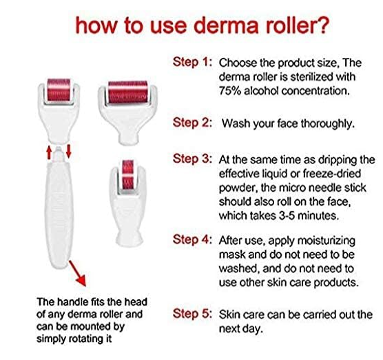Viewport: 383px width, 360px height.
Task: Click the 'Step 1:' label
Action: (x=192, y=62)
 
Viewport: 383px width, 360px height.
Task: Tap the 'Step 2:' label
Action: (x=192, y=123)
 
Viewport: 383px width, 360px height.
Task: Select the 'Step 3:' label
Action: (x=192, y=159)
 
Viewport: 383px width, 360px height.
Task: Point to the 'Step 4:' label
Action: (x=192, y=239)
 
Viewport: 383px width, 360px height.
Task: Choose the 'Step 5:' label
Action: (x=192, y=314)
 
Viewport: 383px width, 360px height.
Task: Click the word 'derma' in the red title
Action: (x=226, y=25)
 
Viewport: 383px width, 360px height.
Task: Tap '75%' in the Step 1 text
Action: (x=229, y=91)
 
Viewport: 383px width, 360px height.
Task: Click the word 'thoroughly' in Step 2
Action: (x=327, y=123)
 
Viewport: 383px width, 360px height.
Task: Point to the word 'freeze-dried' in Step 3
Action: (x=332, y=174)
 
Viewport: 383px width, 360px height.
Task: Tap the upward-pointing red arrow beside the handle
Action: (x=49, y=152)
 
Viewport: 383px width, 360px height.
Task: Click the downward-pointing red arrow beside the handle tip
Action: (x=69, y=151)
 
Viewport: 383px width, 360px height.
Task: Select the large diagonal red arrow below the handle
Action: (x=77, y=273)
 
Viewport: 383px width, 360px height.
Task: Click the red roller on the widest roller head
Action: (x=127, y=92)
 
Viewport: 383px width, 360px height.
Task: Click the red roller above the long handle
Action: (x=59, y=90)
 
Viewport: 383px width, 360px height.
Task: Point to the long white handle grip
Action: (x=59, y=213)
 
